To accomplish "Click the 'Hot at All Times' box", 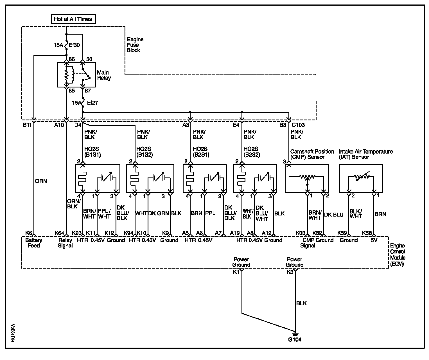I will coord(73,19).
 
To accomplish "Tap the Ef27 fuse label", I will coord(92,103).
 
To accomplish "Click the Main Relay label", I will coord(104,75).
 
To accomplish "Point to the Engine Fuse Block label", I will coord(135,45).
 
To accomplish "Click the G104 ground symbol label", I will coord(295,339).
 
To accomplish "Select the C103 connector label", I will coord(298,125).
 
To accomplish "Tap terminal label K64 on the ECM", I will coord(60,233).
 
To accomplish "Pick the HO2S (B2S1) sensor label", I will coord(201,152).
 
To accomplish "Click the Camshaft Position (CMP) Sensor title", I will coord(312,154).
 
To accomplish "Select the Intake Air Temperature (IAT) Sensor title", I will coord(366,154).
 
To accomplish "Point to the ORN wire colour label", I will coord(41,181).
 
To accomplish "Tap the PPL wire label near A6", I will coord(210,213).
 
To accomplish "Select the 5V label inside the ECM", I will coord(374,240).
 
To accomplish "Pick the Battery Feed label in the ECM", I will coord(34,243).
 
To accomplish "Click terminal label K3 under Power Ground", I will coord(290,272).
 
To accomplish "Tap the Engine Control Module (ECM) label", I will coord(398,255).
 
